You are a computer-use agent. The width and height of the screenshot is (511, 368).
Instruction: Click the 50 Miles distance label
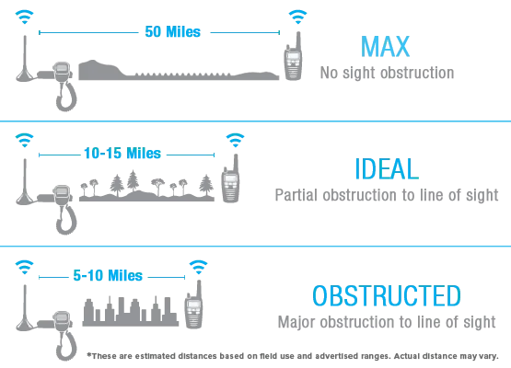(x=172, y=32)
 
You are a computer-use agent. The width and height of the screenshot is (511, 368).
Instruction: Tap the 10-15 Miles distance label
(x=122, y=154)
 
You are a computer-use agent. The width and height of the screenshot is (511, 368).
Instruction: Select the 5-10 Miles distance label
(x=108, y=275)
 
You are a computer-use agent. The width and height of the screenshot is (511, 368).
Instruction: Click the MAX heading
(x=385, y=47)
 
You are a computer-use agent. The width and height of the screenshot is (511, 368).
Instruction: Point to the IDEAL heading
(x=387, y=168)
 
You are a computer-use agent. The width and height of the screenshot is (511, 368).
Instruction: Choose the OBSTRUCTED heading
(x=387, y=295)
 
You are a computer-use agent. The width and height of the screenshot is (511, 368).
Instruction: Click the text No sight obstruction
(x=387, y=73)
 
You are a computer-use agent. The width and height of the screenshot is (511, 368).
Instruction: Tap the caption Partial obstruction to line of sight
(x=387, y=195)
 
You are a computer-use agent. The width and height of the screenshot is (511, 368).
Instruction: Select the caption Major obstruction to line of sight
(x=387, y=322)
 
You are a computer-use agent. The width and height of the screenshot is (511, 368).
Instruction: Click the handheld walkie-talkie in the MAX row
(x=294, y=59)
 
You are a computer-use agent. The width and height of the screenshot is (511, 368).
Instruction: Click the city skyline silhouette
(x=131, y=312)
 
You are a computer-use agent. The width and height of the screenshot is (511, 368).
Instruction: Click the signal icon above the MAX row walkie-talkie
(x=297, y=17)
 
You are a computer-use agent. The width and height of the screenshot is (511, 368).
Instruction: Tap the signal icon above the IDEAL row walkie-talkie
(x=235, y=140)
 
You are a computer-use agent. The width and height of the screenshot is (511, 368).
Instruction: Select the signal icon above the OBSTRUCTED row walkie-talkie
(x=198, y=267)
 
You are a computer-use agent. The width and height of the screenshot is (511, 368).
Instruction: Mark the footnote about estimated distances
(x=293, y=356)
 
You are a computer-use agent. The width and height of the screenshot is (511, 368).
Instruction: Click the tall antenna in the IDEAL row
(x=25, y=182)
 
